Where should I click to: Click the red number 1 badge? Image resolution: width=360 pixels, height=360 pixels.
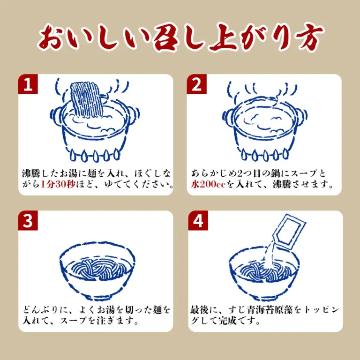tap(28, 84)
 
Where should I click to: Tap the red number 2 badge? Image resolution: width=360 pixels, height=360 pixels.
tap(196, 84)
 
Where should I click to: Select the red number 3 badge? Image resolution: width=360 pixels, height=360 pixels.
tap(28, 220)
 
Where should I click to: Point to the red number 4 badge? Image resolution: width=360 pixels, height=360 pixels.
tap(198, 220)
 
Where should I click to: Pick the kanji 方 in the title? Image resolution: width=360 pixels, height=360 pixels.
tap(306, 37)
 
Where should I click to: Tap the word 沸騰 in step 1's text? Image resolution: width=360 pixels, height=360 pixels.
tap(31, 173)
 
